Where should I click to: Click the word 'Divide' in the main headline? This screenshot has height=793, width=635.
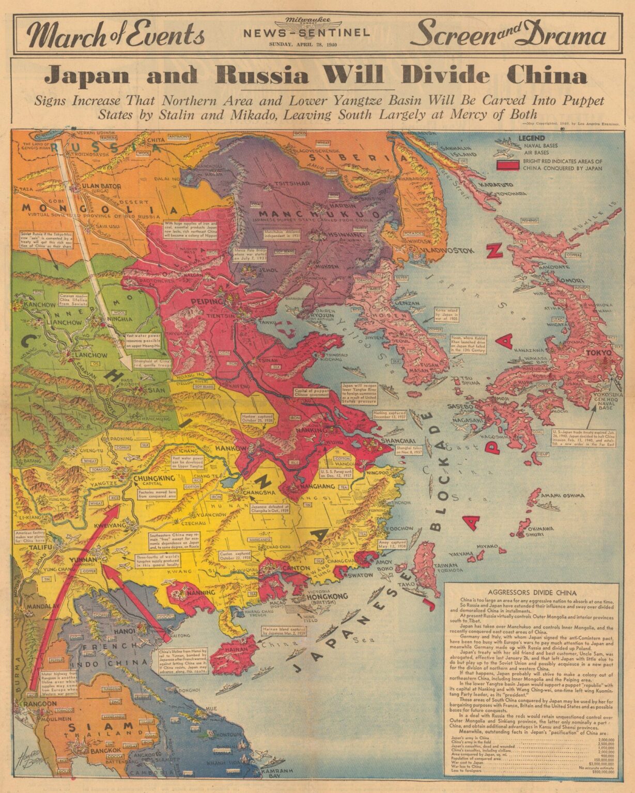(445, 76)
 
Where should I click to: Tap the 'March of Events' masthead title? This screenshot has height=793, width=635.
(116, 35)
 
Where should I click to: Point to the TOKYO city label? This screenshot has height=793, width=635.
(597, 353)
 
